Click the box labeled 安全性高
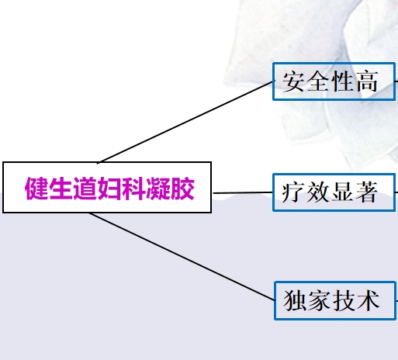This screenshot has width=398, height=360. click(334, 81)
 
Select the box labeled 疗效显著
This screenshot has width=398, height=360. click(334, 192)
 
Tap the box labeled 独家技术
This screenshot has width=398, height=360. click(335, 300)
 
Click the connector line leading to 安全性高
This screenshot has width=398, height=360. click(185, 122)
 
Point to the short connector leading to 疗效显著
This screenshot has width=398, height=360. click(243, 192)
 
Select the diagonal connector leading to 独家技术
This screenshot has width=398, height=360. click(182, 256)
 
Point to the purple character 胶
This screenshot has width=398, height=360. click(182, 189)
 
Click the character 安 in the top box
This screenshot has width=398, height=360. click(293, 81)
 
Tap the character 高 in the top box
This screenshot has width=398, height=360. click(367, 81)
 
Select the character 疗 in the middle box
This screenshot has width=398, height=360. click(292, 192)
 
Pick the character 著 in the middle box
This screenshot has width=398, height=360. click(367, 192)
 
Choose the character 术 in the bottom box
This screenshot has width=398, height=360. click(369, 300)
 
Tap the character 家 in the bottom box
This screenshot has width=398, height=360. click(319, 300)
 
